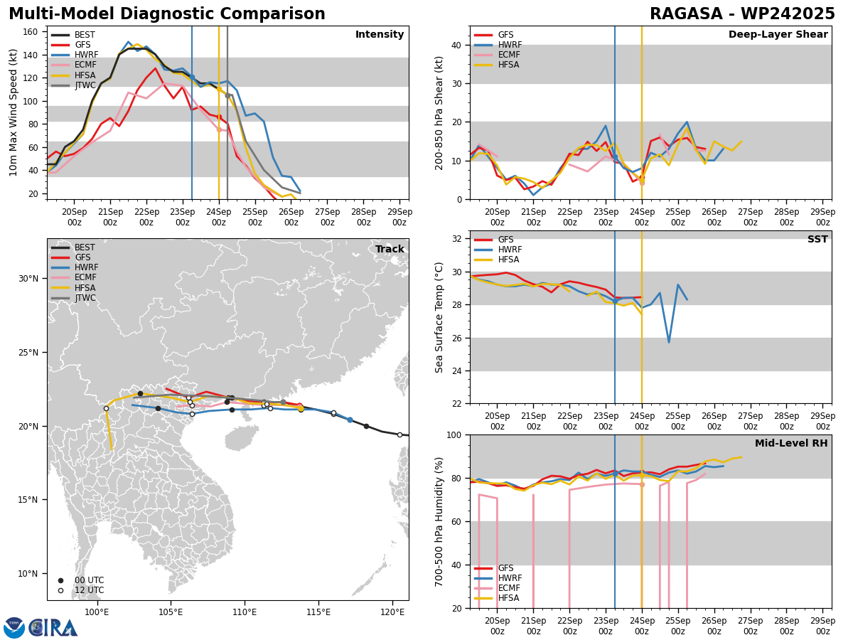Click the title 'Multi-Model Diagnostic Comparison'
tap(167, 14)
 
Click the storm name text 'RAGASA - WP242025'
tap(742, 14)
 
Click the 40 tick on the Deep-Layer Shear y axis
tap(457, 45)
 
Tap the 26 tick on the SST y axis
tap(457, 338)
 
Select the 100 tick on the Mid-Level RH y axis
tap(455, 434)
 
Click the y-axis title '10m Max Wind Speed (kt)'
tap(14, 112)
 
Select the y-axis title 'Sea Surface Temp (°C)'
tap(439, 317)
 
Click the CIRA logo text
tap(53, 628)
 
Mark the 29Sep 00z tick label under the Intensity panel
tap(399, 217)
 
